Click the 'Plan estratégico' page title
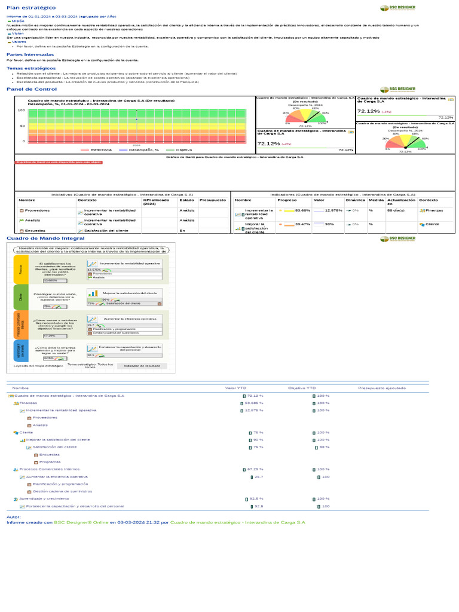(26, 8)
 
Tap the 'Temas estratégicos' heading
(27, 68)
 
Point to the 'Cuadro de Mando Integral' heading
(37, 238)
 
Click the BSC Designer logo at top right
(397, 8)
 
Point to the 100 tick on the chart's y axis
(21, 111)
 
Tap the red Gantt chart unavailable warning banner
(59, 162)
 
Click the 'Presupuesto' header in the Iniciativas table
(212, 200)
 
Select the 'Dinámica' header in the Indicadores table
(356, 200)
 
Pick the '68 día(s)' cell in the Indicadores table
(396, 210)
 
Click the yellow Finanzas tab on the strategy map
(20, 270)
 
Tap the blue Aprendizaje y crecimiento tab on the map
(20, 351)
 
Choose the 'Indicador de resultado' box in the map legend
(142, 365)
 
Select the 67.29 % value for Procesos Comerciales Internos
(255, 469)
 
